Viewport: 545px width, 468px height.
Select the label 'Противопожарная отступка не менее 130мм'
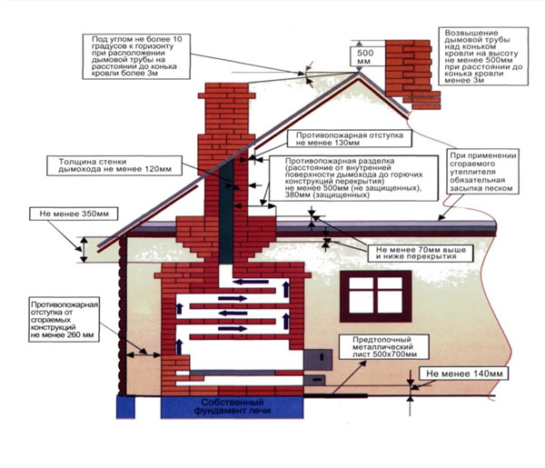(x=343, y=136)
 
